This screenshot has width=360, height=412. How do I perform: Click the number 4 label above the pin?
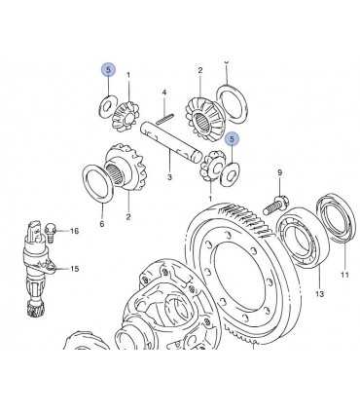point(165,94)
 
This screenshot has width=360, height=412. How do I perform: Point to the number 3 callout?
point(168,177)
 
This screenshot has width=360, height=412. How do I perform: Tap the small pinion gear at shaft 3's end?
point(209,169)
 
